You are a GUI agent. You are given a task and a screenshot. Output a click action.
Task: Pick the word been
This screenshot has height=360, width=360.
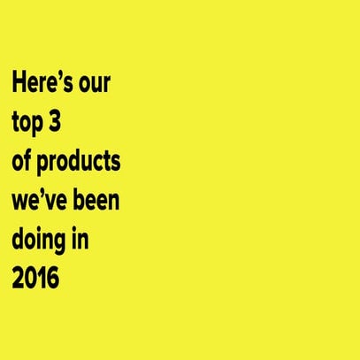pyautogui.click(x=99, y=200)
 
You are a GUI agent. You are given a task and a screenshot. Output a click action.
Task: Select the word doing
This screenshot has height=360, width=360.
pyautogui.click(x=40, y=239)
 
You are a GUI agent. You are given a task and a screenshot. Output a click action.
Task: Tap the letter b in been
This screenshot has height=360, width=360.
pyautogui.click(x=82, y=200)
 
